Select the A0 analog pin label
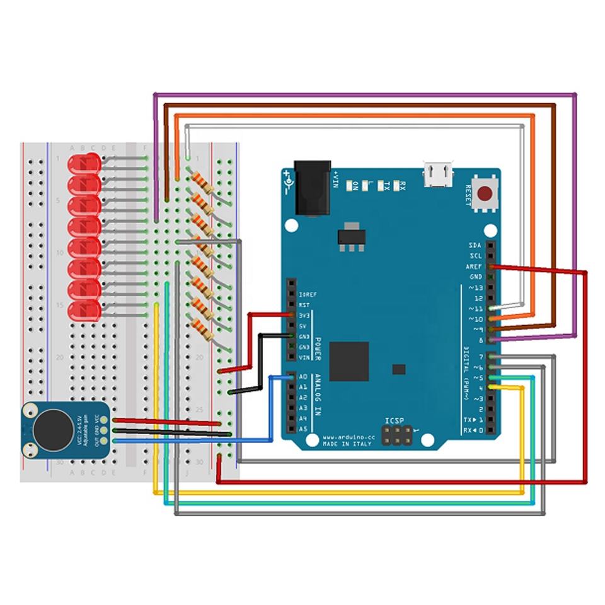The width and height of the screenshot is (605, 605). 302,377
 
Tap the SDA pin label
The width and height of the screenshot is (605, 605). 476,245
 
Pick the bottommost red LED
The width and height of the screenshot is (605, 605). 84,311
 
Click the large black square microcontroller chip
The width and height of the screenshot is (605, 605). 349,361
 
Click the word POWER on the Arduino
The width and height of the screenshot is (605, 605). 318,347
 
